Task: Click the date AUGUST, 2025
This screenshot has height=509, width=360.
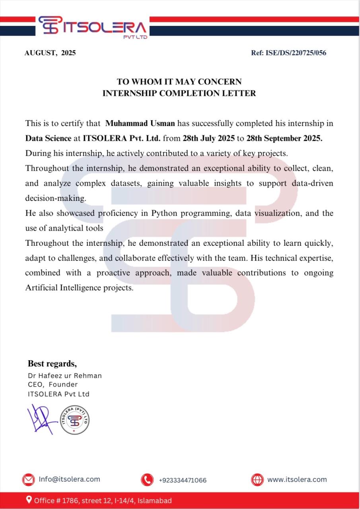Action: click(50, 53)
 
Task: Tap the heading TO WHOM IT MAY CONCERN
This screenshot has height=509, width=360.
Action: click(179, 82)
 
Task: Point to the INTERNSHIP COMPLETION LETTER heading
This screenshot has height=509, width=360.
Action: click(179, 93)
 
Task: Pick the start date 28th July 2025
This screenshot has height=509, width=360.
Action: click(209, 138)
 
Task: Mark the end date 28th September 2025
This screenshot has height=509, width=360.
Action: click(286, 138)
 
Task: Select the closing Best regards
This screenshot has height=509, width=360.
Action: click(52, 363)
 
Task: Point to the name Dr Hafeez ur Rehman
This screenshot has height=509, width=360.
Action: click(65, 376)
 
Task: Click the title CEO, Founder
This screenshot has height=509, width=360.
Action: click(53, 385)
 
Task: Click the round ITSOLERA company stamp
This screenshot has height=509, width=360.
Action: click(74, 420)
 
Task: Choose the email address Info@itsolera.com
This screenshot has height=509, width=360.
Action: click(69, 479)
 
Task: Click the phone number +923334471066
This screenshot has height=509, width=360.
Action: click(183, 480)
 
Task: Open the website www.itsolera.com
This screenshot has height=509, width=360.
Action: click(297, 479)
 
